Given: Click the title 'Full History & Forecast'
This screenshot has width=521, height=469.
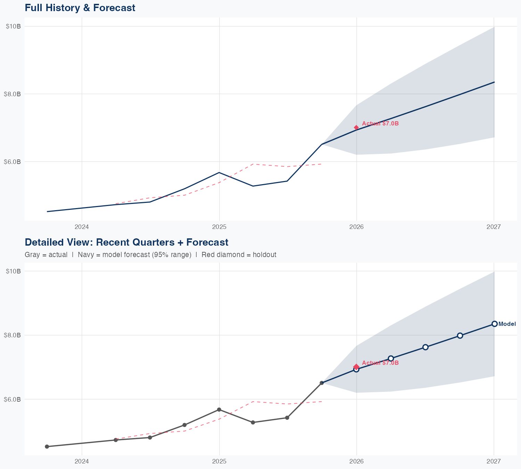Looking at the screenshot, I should point(80,8).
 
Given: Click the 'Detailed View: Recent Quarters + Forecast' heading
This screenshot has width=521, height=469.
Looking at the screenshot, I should point(126,242).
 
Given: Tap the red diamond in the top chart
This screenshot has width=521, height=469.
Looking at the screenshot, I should point(356,127).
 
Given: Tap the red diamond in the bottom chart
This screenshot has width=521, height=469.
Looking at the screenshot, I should point(356,367).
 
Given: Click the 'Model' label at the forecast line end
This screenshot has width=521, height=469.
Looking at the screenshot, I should point(507,324).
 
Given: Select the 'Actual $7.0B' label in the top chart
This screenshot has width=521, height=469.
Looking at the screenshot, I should point(380,124).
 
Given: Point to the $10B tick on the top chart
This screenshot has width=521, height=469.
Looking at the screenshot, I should point(13,26).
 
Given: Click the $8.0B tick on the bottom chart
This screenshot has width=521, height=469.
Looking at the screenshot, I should point(12,335).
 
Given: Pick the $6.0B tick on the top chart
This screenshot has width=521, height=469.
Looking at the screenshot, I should point(12,162).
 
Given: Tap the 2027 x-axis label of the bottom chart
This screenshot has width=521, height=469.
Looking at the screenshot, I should point(494,461).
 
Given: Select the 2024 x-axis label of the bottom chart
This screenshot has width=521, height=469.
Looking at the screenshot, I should point(82,461).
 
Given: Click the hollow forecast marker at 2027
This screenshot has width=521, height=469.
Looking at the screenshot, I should point(495,324).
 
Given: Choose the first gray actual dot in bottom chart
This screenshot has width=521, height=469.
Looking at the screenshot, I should point(47,447).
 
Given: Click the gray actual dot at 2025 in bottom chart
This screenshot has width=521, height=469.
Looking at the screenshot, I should point(219,410).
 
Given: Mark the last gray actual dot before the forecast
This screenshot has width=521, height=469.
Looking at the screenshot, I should point(322,383).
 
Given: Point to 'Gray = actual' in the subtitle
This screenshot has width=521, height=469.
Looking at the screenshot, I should point(46,255).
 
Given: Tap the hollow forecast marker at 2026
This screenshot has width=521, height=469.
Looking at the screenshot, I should point(356,370).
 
